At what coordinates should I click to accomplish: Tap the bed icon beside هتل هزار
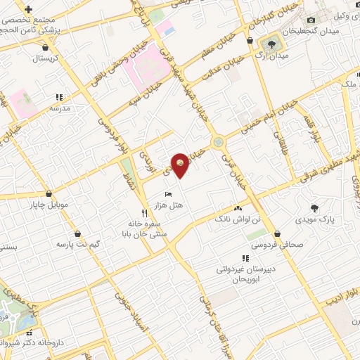[167, 194]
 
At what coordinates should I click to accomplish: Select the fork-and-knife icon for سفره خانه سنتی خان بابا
[144, 212]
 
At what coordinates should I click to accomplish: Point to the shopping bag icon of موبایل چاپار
[49, 194]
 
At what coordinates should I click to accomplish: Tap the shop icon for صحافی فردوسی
[279, 233]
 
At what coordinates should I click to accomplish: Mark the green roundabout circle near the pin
[220, 142]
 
